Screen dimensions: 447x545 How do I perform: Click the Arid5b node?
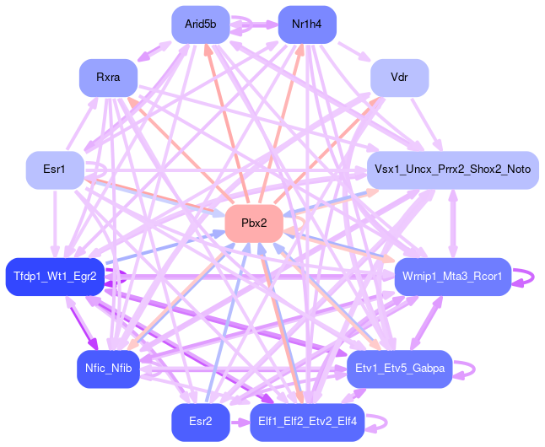[201, 24]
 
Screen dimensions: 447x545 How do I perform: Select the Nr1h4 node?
[307, 24]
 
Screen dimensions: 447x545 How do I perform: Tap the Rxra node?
[108, 78]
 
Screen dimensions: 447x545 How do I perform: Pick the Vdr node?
[399, 78]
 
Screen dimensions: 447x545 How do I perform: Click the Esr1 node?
[55, 170]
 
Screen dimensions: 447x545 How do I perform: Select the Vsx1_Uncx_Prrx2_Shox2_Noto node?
[452, 170]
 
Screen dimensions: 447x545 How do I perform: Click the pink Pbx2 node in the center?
[254, 223]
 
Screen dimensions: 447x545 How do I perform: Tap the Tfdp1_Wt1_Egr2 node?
[55, 277]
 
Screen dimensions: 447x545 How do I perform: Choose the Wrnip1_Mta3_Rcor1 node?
[452, 277]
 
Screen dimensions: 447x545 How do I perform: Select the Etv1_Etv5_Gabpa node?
[399, 369]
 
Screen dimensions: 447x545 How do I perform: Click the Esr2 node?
[201, 422]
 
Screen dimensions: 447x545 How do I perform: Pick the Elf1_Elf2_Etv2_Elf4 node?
[307, 422]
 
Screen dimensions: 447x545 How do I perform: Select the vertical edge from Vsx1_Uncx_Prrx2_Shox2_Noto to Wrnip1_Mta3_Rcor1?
[453, 223]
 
